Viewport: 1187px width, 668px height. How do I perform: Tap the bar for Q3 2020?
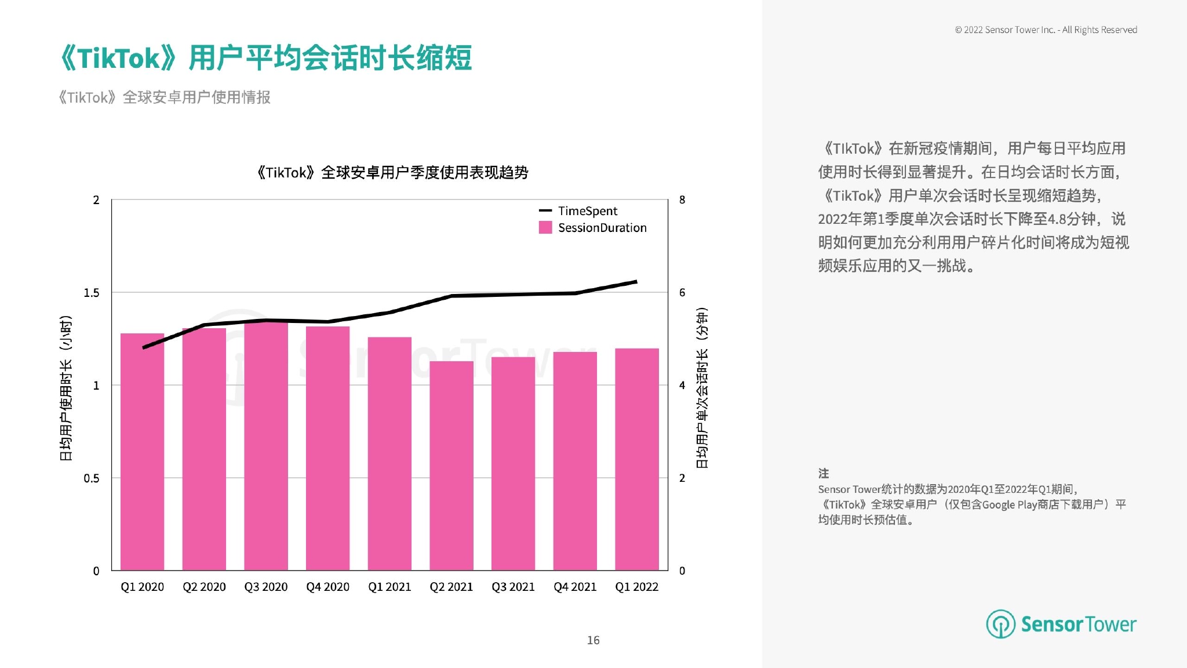coord(266,446)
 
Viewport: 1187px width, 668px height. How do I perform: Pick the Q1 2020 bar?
coord(143,452)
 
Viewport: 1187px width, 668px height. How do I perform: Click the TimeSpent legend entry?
coord(587,211)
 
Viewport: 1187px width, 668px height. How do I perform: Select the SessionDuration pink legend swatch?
coord(545,227)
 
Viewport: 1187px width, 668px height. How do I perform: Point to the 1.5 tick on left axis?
coord(92,293)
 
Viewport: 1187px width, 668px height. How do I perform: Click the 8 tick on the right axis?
coord(682,200)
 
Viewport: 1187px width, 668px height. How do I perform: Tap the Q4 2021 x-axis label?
coord(575,587)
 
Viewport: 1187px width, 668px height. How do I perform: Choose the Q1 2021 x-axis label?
coord(389,587)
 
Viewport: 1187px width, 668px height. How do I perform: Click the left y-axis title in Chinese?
coord(66,388)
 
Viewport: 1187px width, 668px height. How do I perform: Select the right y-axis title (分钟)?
coord(702,388)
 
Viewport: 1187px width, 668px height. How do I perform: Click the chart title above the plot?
coord(392,173)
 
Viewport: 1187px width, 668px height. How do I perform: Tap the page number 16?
coord(593,640)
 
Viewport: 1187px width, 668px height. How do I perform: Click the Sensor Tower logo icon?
coord(1000,624)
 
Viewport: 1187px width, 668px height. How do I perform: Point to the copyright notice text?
coord(1046,30)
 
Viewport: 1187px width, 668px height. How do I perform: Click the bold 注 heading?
coord(824,473)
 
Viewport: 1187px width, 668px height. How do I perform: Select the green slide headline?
coord(266,58)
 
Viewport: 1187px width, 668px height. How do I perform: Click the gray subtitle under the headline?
coord(165,97)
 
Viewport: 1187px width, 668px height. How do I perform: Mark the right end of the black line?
coord(636,282)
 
